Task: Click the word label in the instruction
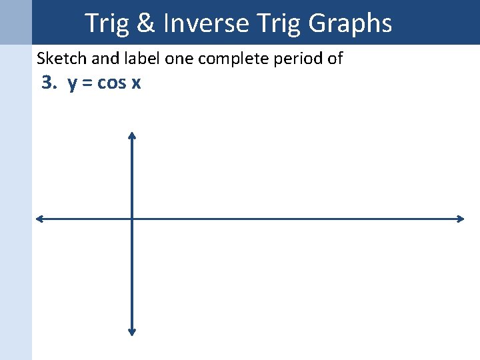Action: pos(143,59)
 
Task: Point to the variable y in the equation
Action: pos(71,85)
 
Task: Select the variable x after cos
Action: pos(135,84)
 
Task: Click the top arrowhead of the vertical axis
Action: pos(132,135)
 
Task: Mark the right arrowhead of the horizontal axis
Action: pos(460,219)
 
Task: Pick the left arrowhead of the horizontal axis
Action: pos(39,219)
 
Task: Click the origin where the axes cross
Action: pos(132,219)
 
